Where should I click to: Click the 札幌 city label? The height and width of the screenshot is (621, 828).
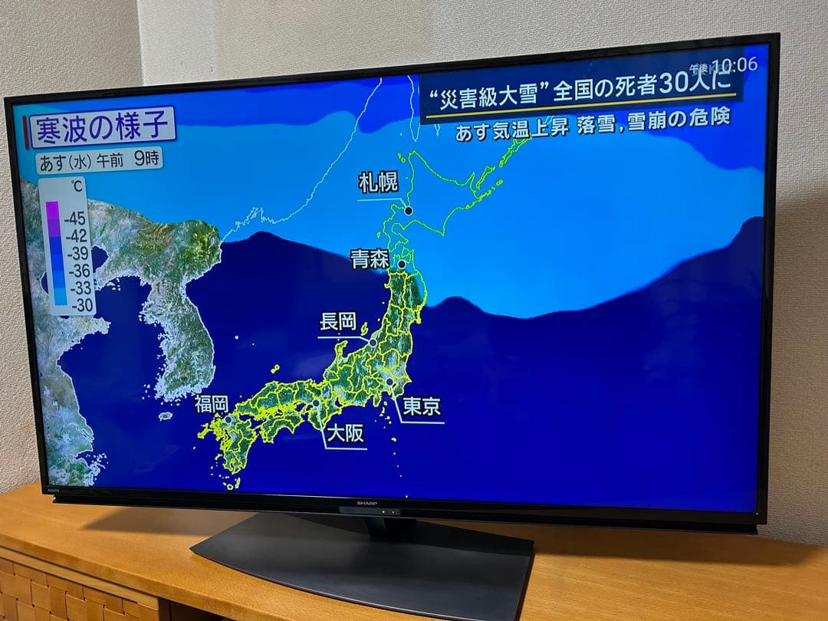click(x=378, y=183)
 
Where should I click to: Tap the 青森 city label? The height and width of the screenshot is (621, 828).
click(x=370, y=258)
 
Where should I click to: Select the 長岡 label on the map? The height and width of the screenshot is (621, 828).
click(x=338, y=322)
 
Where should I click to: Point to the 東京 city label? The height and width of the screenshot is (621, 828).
click(x=422, y=406)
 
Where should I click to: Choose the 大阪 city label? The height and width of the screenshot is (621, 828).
click(x=345, y=434)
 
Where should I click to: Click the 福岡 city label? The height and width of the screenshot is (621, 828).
click(x=211, y=404)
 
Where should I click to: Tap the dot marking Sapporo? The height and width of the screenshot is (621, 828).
click(x=409, y=210)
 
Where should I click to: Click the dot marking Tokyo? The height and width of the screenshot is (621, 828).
click(x=389, y=381)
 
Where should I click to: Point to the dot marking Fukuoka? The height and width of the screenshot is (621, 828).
click(x=228, y=419)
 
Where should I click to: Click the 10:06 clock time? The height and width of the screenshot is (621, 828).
click(x=734, y=64)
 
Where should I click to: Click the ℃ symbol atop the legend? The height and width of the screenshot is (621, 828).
click(x=77, y=186)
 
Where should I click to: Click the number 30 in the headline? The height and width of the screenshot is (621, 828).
click(x=675, y=84)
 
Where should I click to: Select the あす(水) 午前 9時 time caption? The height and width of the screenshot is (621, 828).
click(x=99, y=162)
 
